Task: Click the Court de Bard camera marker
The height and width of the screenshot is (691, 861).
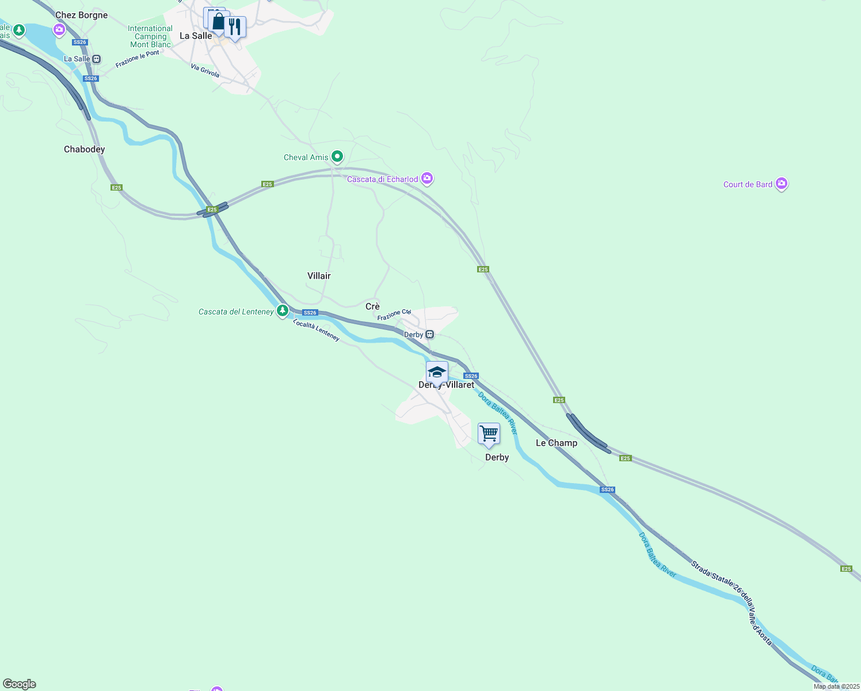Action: coord(781,184)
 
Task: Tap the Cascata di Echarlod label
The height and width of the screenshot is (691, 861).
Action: coord(382,179)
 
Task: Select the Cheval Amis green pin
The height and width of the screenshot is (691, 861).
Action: coord(337,157)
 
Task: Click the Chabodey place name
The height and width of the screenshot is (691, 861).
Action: coord(84,149)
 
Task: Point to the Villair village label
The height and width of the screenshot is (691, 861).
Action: coord(319,276)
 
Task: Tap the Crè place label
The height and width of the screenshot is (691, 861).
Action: coord(372,306)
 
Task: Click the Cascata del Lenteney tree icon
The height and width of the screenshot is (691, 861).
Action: coord(282,311)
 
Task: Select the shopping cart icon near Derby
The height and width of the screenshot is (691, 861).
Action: coord(489,433)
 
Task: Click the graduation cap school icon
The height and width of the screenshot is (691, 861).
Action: coord(437,372)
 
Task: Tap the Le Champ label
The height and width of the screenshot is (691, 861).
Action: coord(556,443)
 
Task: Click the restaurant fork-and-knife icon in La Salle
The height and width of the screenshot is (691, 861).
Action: coord(234,26)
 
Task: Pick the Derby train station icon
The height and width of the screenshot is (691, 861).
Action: coord(429,335)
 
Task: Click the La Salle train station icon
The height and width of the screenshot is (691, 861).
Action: coord(97,59)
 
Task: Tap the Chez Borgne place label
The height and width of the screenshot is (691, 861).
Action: coord(81,15)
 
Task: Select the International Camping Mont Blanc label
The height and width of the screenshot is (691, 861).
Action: coord(150,36)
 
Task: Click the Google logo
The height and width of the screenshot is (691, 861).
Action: coord(20,684)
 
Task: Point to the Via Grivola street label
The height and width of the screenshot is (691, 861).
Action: coord(205,71)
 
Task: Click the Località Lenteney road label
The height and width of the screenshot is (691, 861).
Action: coord(316,330)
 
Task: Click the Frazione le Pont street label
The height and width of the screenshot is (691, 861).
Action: coord(137,59)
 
